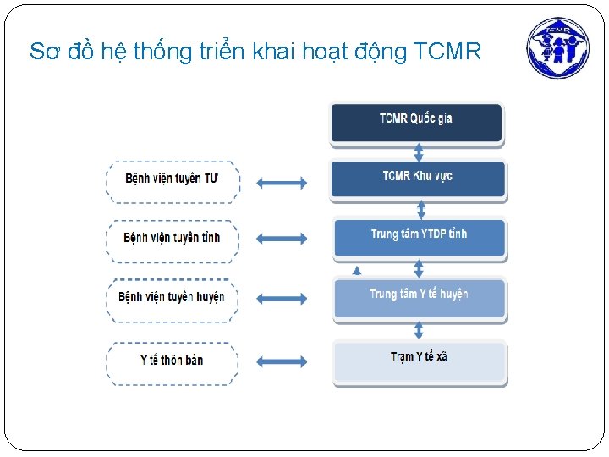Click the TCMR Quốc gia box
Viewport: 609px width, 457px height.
(x=416, y=121)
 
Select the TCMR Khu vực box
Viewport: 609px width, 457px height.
(x=418, y=179)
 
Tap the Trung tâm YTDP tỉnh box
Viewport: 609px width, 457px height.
(x=419, y=236)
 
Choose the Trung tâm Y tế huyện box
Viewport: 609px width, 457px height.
(x=419, y=296)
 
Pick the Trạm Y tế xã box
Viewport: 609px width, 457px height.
(x=419, y=360)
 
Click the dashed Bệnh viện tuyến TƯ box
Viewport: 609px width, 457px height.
(x=173, y=180)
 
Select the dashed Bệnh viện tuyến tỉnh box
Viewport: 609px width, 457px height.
(x=173, y=239)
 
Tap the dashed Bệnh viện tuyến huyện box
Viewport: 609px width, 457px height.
(x=172, y=298)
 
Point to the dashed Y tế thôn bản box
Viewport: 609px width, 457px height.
(x=172, y=361)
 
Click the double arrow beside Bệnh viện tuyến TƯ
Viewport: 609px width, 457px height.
(x=282, y=182)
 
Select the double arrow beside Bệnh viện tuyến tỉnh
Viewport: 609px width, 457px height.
(x=282, y=239)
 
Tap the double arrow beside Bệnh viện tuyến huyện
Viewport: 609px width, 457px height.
(x=282, y=298)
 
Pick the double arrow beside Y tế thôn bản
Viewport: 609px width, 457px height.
(x=282, y=361)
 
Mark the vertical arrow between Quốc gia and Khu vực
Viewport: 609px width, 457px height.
(x=419, y=151)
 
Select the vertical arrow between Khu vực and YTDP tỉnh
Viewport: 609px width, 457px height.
(x=419, y=208)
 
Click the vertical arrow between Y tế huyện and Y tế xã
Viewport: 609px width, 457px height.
(x=419, y=328)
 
